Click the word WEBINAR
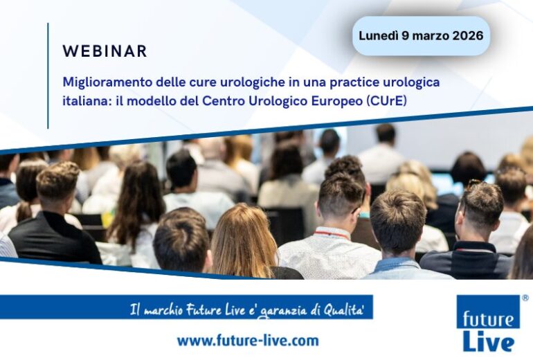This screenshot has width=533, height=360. tap(105, 51)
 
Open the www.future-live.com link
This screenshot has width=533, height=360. tap(247, 341)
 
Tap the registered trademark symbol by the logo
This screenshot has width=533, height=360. tap(525, 298)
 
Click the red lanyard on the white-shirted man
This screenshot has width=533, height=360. tap(331, 235)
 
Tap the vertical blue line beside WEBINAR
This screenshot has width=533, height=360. tap(48, 75)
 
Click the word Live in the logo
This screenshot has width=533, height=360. tap(487, 340)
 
